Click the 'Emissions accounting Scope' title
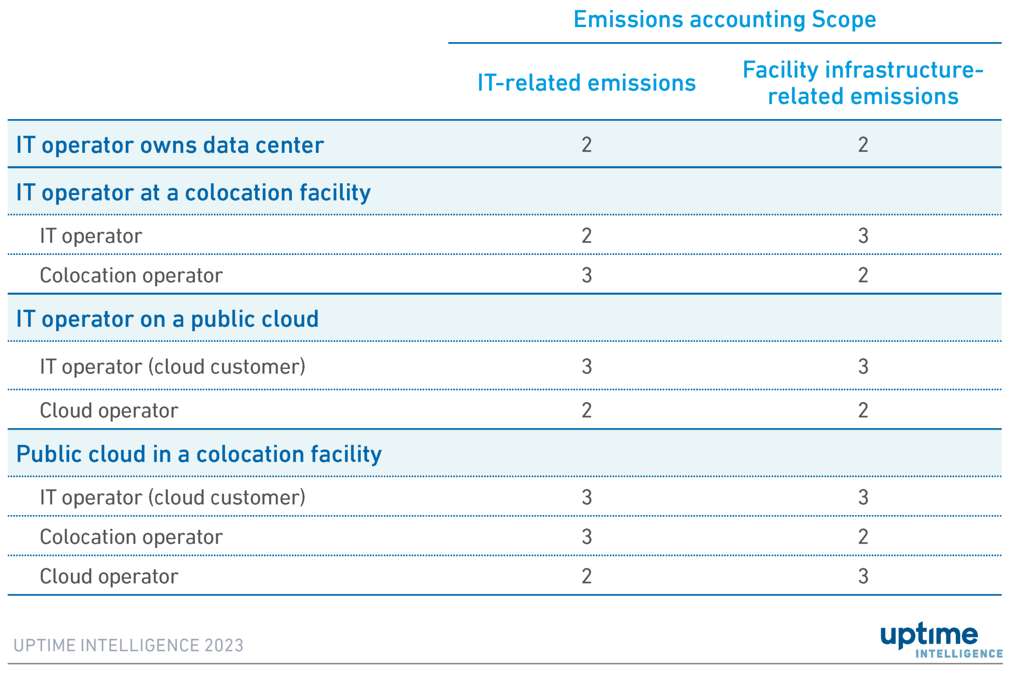[x=724, y=20]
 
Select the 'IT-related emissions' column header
[x=586, y=83]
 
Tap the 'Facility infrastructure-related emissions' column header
[x=862, y=83]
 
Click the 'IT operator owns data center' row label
[x=170, y=145]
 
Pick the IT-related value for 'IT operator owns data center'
[x=586, y=145]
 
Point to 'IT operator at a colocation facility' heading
[x=193, y=193]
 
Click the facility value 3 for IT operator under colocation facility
[x=863, y=236]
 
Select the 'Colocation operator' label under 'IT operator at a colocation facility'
[x=131, y=276]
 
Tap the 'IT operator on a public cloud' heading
[x=167, y=319]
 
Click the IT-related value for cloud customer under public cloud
[x=586, y=366]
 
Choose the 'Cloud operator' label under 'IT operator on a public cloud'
[x=109, y=411]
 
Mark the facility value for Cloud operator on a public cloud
[x=863, y=410]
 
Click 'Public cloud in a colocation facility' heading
[x=199, y=454]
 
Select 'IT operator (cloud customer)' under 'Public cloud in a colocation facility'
[x=172, y=497]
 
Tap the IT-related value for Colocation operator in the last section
[x=586, y=537]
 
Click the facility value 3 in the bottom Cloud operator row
[x=863, y=576]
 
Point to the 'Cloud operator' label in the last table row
[x=109, y=577]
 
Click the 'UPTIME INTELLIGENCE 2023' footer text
[x=128, y=645]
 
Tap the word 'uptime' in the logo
[x=929, y=635]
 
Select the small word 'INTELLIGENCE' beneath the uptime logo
[x=959, y=654]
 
